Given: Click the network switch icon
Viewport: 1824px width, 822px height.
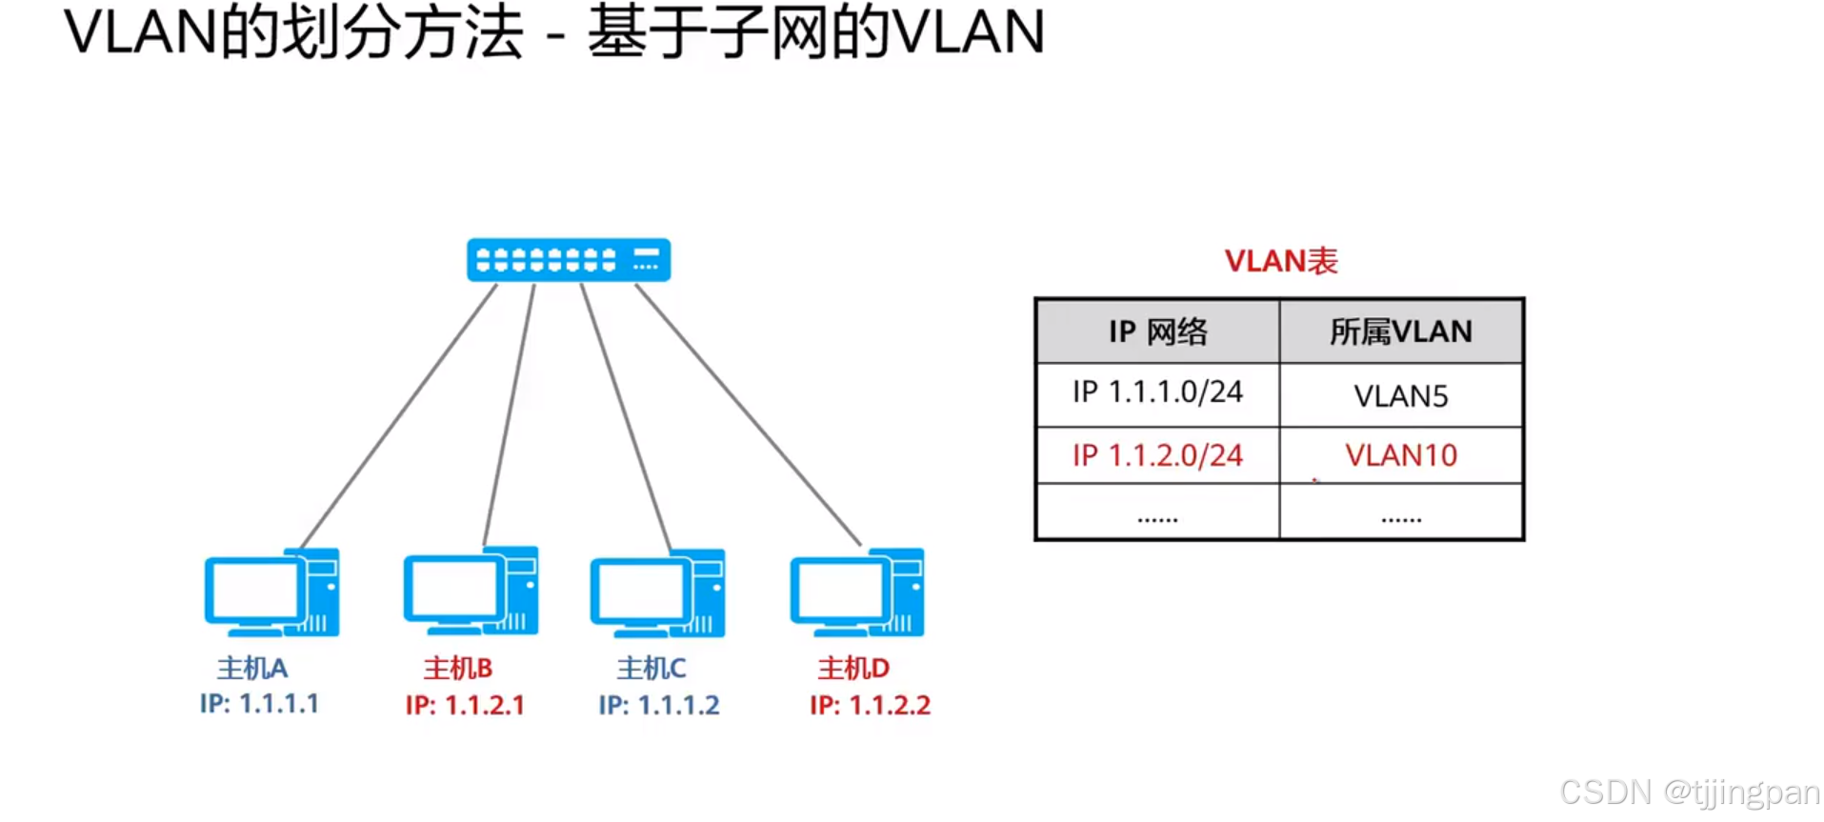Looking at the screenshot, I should (569, 260).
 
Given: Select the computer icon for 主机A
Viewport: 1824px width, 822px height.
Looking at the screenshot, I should (271, 592).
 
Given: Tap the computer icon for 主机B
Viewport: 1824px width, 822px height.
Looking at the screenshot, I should (471, 591).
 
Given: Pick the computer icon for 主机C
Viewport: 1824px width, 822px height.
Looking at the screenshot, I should (657, 593).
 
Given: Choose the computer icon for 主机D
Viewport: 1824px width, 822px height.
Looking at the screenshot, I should (856, 592).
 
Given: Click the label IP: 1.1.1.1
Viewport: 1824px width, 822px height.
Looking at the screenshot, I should (259, 704).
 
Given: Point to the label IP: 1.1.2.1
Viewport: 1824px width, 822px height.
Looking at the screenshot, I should (465, 705).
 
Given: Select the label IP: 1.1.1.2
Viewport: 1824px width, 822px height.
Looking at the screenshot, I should (659, 705).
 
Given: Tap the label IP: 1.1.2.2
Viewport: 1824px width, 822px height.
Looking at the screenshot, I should (870, 705).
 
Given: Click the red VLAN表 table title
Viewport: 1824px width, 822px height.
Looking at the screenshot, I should (1280, 261).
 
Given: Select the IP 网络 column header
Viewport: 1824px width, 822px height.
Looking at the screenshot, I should (1157, 331).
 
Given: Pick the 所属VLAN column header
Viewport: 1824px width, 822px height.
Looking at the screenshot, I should (1400, 331).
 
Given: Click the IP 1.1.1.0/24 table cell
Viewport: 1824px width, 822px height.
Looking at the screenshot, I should (1157, 392).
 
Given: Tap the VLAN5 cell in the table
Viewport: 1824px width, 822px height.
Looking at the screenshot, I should (1400, 395).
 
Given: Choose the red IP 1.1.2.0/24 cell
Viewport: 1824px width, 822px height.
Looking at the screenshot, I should (1157, 455).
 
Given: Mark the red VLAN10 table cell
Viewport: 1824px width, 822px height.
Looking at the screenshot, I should (1400, 455).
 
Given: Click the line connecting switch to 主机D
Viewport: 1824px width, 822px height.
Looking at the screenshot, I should (749, 414).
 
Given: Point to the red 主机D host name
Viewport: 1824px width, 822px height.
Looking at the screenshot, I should (853, 668).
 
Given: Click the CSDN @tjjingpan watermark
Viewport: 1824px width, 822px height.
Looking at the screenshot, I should (1689, 792).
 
